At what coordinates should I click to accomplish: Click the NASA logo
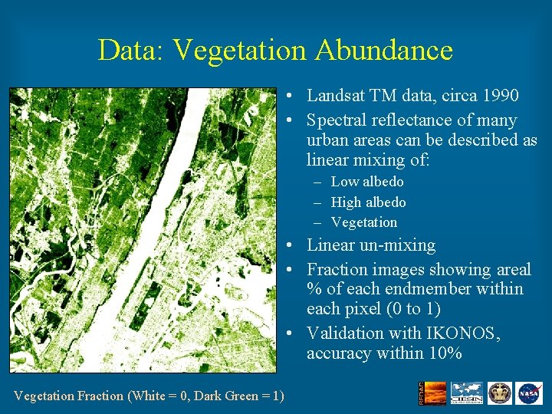[x=528, y=393]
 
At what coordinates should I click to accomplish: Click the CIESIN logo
[x=466, y=393]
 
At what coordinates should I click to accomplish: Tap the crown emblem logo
[x=499, y=393]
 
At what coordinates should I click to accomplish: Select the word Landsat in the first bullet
[x=336, y=96]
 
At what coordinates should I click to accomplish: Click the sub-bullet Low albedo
[x=366, y=182]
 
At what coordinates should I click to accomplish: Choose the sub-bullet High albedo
[x=368, y=202]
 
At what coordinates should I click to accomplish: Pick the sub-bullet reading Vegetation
[x=363, y=222]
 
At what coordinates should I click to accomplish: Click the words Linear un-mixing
[x=371, y=245]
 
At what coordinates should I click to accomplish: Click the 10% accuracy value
[x=446, y=353]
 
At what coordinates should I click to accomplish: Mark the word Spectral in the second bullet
[x=336, y=120]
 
